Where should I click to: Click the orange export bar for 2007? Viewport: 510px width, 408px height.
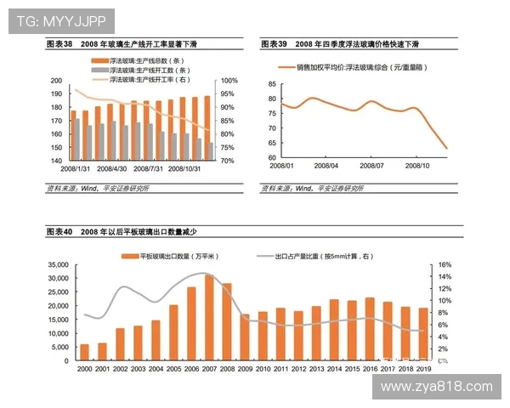point(209,318)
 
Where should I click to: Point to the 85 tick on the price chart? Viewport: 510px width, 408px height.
point(271,84)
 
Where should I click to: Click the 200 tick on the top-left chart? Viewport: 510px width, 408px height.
point(56,81)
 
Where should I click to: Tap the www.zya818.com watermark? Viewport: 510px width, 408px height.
point(437,386)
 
